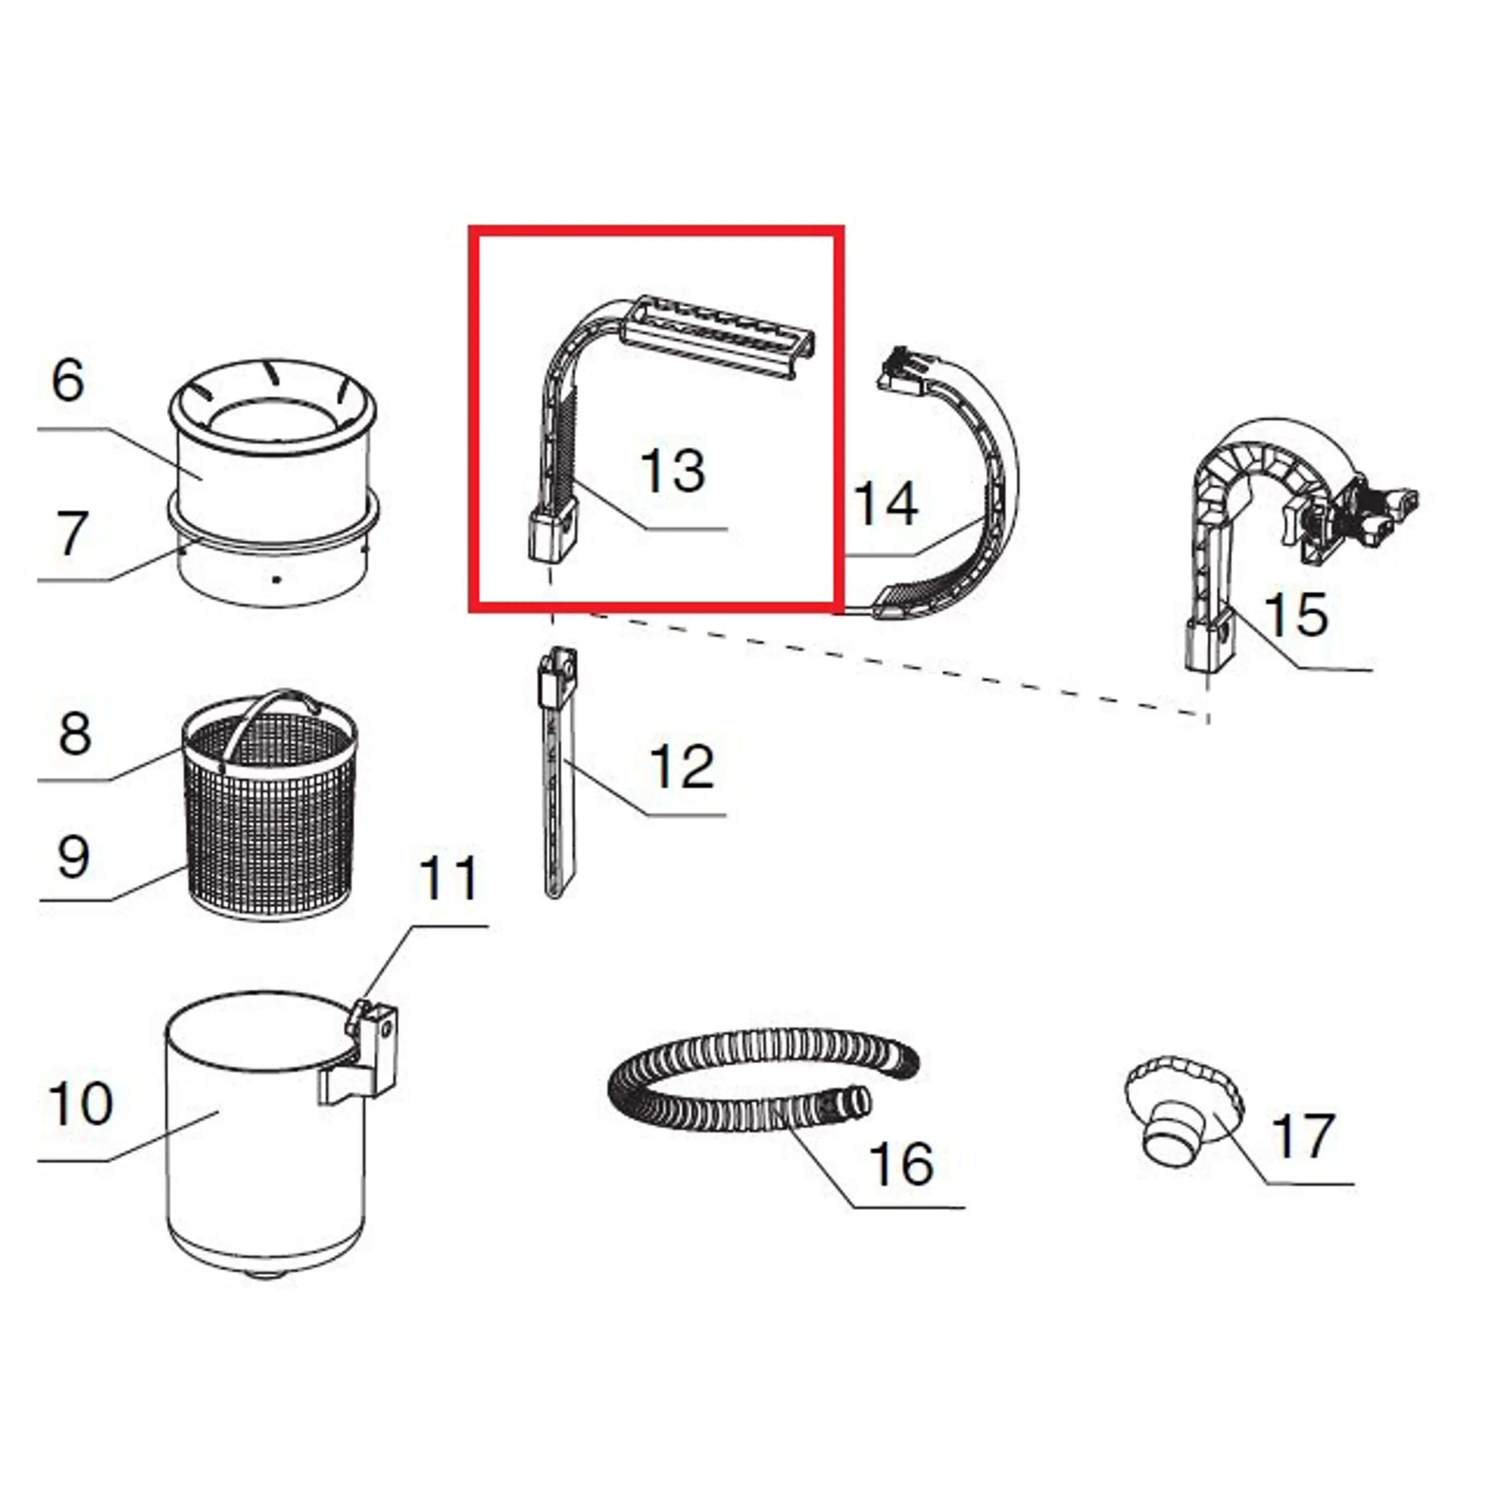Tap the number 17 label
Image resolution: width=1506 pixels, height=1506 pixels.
point(1303,1135)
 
